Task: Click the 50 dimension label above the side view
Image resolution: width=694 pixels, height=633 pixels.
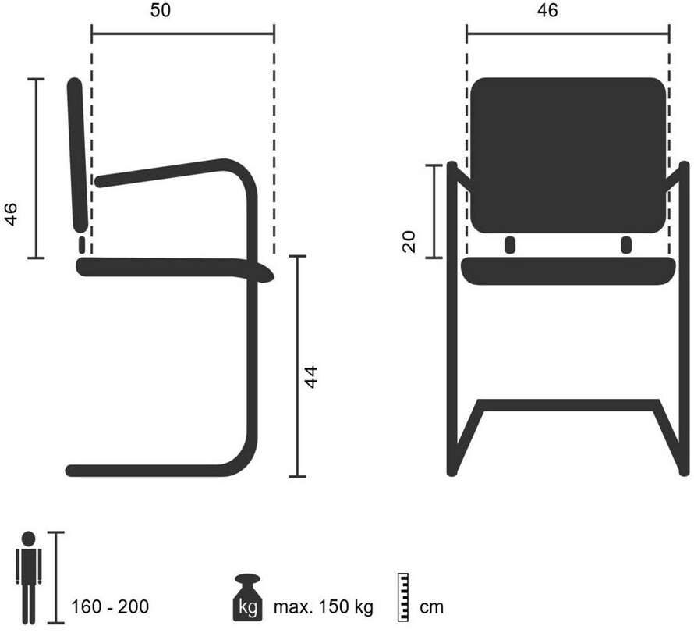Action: point(160,11)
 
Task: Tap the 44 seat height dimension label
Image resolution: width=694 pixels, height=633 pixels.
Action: point(312,376)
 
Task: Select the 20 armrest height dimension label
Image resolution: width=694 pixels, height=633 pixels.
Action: point(409,241)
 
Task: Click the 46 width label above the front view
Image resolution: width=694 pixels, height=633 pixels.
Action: point(547,11)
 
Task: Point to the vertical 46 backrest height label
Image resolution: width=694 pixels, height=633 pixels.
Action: point(11,215)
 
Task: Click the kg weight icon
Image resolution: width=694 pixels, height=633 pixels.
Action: point(248,598)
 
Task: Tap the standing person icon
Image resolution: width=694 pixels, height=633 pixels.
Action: point(28,578)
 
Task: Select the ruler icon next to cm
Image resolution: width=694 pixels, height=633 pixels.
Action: point(403,598)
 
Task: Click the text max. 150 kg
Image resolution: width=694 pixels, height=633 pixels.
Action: point(324,607)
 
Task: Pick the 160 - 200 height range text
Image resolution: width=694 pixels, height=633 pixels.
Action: point(110,607)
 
